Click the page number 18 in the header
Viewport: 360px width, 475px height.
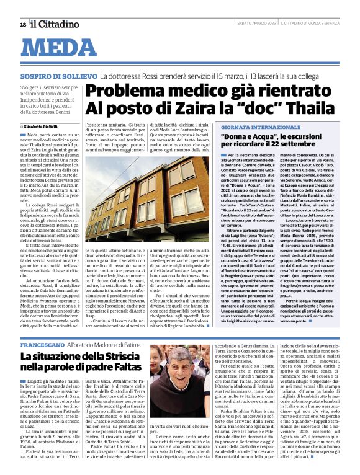point(23,24)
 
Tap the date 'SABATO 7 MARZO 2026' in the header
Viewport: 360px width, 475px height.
point(259,24)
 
